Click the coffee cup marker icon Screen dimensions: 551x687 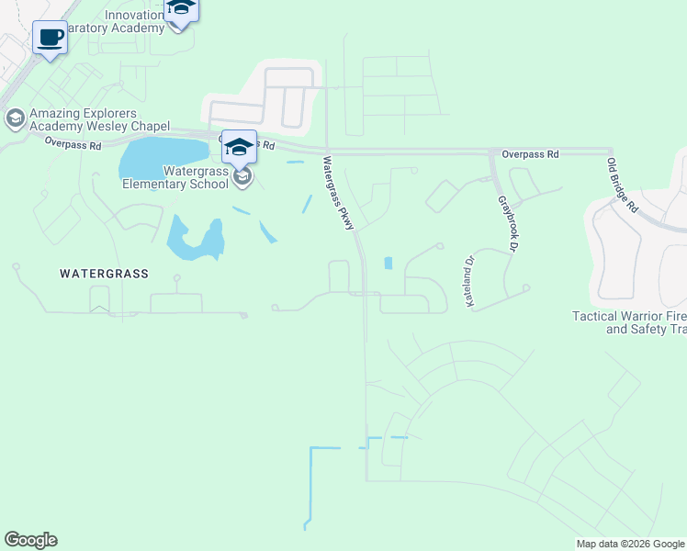[51, 39]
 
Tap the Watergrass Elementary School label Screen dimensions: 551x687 [175, 177]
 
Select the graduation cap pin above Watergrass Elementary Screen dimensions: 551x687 [239, 147]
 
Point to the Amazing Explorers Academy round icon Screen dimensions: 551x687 [15, 118]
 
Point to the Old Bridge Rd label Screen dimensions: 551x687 [622, 186]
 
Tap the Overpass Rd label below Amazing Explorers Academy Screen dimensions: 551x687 [73, 143]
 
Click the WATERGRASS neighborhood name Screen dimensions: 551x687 [104, 274]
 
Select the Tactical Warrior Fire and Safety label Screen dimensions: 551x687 [629, 322]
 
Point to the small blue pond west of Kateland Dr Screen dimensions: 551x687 [388, 263]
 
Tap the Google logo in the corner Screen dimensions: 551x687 [30, 540]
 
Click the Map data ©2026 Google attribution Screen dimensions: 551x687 [630, 544]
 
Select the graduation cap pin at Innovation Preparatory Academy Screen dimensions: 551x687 [181, 9]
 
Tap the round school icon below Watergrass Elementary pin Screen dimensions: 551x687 [242, 177]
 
